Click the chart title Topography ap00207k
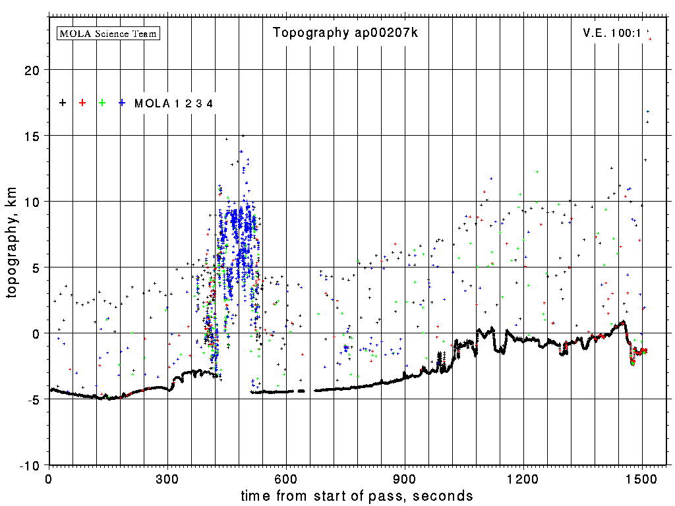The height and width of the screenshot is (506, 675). click(x=345, y=33)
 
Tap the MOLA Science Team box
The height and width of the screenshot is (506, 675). click(x=109, y=33)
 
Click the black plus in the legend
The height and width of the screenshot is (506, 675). click(x=63, y=103)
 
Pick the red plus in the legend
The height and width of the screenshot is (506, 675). click(x=82, y=103)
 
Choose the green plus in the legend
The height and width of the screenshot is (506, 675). click(x=102, y=103)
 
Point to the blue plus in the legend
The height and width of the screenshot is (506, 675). click(x=122, y=103)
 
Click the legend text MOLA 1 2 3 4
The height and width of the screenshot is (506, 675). click(x=174, y=103)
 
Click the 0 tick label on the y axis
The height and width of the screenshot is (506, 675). click(x=37, y=333)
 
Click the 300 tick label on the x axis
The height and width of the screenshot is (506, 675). click(x=167, y=478)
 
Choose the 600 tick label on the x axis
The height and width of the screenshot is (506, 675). click(x=286, y=478)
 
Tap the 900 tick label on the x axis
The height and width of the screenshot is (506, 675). click(x=405, y=478)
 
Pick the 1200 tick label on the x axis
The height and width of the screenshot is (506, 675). click(x=523, y=478)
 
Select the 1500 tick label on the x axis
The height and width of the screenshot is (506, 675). click(x=642, y=478)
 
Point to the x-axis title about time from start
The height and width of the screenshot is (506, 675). click(x=357, y=495)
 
